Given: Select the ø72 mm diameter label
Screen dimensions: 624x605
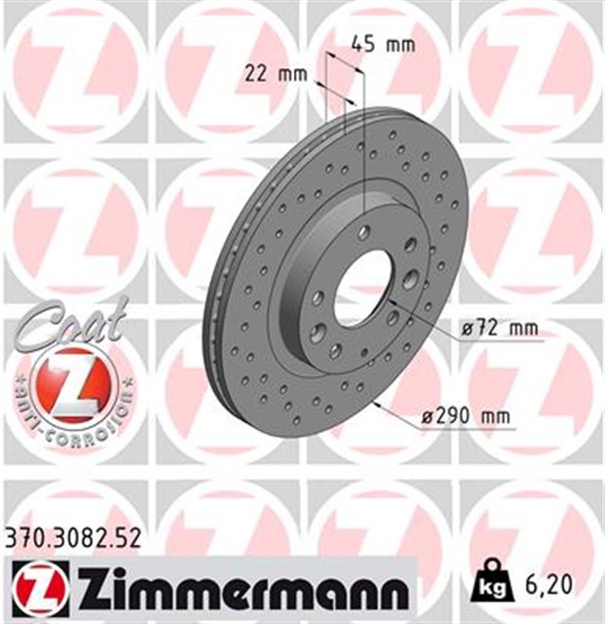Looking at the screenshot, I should (499, 329).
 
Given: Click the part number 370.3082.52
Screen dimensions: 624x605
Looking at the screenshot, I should (73, 536).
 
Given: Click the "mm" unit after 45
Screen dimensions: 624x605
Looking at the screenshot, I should (400, 44).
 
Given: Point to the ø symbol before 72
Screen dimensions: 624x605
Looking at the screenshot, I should (470, 329).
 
